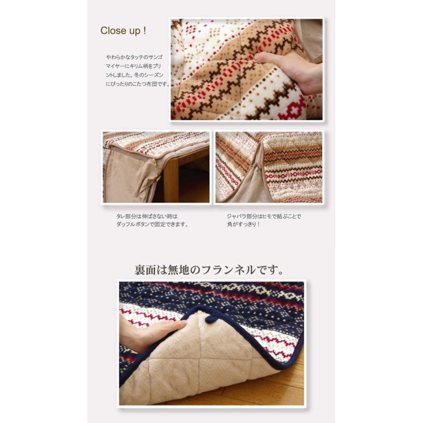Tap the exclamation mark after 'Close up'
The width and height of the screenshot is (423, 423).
click(145, 30)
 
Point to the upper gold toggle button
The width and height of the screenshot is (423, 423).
click(155, 162)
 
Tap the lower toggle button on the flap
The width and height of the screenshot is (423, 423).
click(158, 178)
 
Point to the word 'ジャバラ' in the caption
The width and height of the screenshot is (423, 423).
click(235, 216)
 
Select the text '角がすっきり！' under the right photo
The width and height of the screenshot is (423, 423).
click(243, 225)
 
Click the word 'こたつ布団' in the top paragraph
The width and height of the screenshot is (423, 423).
click(146, 84)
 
